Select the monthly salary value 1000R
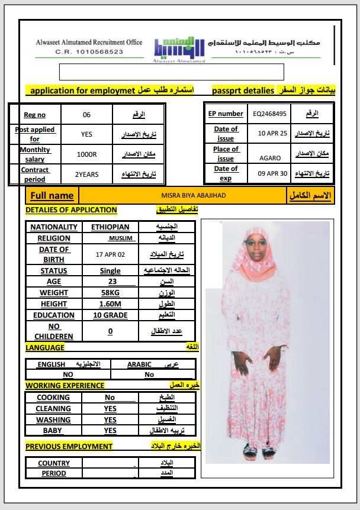(x=87, y=154)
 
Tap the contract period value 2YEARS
(x=87, y=175)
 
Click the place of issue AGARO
(x=270, y=158)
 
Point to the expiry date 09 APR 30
(x=272, y=173)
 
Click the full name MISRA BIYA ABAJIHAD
(x=185, y=195)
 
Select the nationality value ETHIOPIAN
(x=110, y=227)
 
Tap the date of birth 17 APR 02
(x=110, y=254)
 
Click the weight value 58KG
(x=110, y=293)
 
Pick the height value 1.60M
(x=110, y=304)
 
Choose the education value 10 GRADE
(x=110, y=315)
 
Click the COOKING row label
(x=53, y=398)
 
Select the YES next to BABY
(x=110, y=431)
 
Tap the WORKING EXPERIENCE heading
(x=65, y=385)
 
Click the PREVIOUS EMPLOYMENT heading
(x=69, y=446)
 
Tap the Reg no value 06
(x=87, y=115)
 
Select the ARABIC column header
(x=140, y=364)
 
